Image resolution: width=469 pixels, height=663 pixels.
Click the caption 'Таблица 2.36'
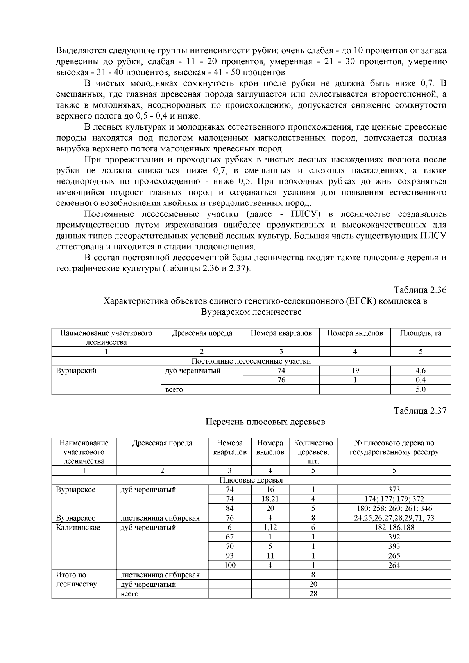click(420, 290)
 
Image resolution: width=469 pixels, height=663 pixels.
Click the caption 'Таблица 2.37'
click(420, 411)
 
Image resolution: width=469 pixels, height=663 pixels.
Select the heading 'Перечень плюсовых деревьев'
click(265, 422)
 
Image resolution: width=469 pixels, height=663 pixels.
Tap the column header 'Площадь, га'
click(421, 333)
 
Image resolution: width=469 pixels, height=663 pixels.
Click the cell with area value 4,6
click(421, 371)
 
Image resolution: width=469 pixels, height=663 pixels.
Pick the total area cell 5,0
click(421, 389)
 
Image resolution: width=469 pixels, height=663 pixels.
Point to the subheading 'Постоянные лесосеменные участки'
click(251, 361)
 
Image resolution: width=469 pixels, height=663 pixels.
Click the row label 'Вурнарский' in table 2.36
click(77, 371)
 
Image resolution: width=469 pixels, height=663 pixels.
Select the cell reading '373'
click(394, 490)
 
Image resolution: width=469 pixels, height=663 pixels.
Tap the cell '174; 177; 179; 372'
click(394, 499)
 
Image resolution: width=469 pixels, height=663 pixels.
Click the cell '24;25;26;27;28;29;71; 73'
click(394, 518)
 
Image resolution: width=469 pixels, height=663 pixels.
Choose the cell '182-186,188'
click(394, 527)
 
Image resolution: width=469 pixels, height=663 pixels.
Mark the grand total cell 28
click(313, 593)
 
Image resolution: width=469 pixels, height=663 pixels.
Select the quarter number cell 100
click(230, 565)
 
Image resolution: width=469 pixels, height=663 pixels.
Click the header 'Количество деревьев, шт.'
click(313, 452)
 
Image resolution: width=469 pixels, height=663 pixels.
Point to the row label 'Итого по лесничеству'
click(76, 580)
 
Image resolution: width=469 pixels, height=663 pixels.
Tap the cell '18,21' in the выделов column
click(270, 499)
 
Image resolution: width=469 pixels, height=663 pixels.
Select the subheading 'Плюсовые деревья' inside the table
click(251, 480)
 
